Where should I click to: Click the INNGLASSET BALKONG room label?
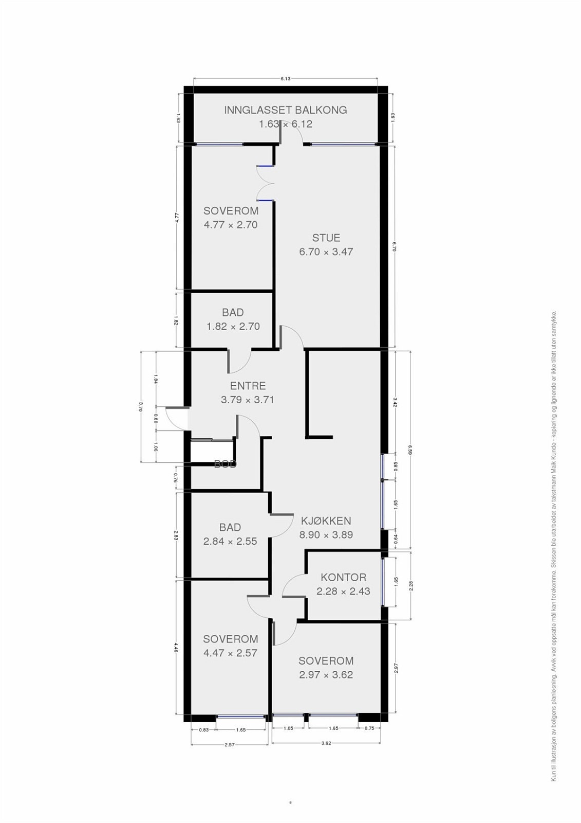tap(285, 110)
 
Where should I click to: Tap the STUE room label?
tap(326, 238)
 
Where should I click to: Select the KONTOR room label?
tap(343, 577)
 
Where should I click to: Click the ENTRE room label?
tap(248, 386)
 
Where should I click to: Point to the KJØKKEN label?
tap(326, 521)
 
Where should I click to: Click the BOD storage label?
tap(225, 464)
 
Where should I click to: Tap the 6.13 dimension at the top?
tap(286, 79)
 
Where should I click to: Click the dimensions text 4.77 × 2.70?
tap(231, 225)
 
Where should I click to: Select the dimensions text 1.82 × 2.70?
tap(233, 326)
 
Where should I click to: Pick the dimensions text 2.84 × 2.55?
tap(230, 541)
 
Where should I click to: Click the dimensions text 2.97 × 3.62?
tap(326, 675)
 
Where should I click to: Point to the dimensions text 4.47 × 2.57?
tap(230, 653)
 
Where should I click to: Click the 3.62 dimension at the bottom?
tap(326, 743)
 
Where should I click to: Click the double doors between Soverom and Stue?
tap(266, 183)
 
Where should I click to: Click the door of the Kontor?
tap(293, 586)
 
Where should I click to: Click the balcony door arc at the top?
tap(293, 135)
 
